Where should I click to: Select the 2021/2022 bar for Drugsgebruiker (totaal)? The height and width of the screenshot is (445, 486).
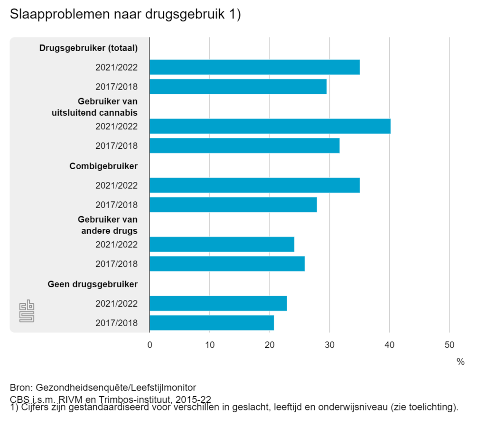click(254, 67)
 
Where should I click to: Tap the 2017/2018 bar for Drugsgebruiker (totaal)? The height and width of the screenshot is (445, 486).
click(238, 87)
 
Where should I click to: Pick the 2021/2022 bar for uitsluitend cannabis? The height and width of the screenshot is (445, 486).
click(270, 127)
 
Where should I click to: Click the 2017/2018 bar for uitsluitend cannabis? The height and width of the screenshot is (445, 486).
click(244, 145)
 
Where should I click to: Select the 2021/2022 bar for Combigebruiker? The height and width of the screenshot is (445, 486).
click(254, 185)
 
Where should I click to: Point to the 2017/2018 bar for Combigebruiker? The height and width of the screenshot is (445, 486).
click(233, 205)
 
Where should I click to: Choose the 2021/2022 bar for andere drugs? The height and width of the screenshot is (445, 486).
click(222, 245)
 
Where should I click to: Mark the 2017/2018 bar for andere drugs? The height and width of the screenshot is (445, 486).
click(227, 263)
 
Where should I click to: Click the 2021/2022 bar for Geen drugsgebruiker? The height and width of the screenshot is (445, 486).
click(218, 303)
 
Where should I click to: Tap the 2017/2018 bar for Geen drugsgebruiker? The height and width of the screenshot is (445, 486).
click(212, 323)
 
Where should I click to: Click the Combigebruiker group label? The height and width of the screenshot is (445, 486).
click(103, 166)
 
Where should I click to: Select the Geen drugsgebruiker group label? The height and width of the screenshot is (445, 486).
click(93, 284)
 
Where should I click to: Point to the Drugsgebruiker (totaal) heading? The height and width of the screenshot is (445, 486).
click(88, 48)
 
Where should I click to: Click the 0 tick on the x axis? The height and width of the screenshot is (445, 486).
click(150, 345)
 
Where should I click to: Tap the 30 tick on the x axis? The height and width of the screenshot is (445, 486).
click(329, 345)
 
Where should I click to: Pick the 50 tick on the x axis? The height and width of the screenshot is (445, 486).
click(449, 345)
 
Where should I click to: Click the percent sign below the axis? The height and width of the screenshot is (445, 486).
click(460, 362)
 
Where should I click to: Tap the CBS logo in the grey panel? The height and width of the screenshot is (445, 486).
click(27, 311)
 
